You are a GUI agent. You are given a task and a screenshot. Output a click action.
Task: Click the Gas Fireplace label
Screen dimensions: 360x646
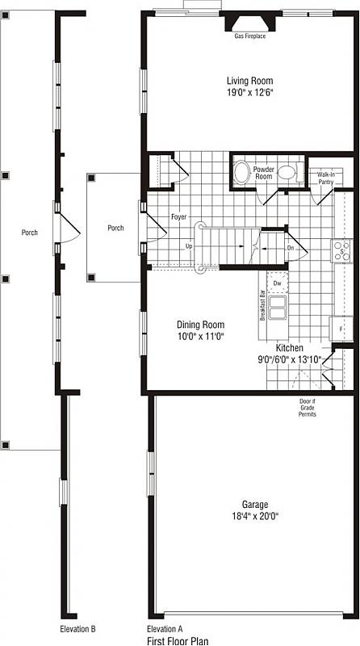coord(250,36)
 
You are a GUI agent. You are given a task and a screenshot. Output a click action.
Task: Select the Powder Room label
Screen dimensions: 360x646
coord(264,172)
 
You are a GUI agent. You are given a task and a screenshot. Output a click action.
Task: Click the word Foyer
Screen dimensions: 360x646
coord(179,216)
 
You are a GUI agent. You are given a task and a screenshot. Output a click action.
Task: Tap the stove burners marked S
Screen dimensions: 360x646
coord(341,251)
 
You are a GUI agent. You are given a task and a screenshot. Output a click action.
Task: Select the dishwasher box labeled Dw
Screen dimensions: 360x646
coord(277,283)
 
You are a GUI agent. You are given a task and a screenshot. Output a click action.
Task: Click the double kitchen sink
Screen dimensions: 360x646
coord(278,308)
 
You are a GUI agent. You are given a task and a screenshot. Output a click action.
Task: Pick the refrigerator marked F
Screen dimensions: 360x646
coord(341,329)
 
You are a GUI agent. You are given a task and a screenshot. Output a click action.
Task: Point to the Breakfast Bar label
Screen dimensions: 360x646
coord(262,305)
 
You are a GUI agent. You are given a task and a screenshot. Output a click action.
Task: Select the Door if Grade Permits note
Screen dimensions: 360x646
coord(308,408)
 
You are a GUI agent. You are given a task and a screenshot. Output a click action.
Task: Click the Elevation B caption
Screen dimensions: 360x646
coord(77,629)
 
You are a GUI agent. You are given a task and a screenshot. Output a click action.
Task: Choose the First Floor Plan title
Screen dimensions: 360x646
coord(178,640)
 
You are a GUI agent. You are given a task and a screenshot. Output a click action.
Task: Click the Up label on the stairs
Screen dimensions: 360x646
coord(189,246)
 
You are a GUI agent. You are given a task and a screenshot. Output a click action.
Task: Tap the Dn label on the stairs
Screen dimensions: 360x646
coord(291,249)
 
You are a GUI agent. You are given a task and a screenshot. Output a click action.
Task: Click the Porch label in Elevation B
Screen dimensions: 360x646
coord(30,233)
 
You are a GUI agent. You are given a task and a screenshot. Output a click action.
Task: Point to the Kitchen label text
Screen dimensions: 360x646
coord(290,348)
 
